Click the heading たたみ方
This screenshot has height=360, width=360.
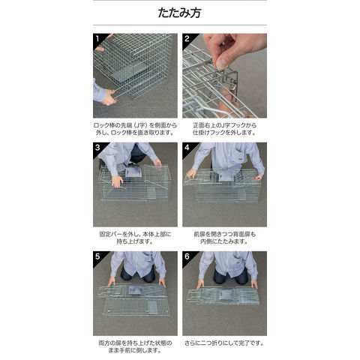179,13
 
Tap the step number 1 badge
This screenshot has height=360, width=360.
97,38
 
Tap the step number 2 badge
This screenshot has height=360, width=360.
187,38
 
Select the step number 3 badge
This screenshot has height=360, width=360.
97,148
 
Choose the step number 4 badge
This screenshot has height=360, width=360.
187,148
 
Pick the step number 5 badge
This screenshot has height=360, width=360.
97,256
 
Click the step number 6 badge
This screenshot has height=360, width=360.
187,256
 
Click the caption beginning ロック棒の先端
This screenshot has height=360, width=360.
135,129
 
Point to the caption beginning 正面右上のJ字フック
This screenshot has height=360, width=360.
224,129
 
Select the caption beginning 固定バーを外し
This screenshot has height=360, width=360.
135,238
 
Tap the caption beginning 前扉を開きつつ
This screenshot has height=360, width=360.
224,238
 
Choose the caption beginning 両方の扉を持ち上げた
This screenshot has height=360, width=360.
135,346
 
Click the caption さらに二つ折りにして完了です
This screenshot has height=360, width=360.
224,343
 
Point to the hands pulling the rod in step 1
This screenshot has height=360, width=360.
109,96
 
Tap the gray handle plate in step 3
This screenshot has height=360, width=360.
133,172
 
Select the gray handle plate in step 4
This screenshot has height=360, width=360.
226,175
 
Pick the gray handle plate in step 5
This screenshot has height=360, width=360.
136,290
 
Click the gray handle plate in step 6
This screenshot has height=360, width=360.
226,295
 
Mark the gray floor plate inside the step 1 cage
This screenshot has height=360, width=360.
133,71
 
